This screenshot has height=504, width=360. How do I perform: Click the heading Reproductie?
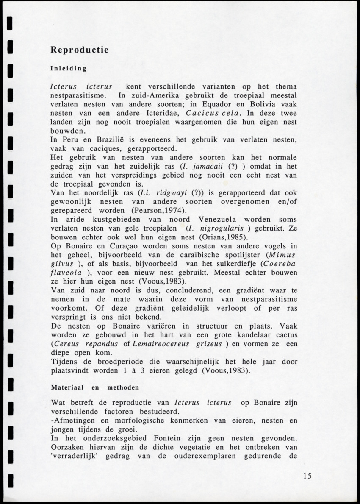pos(80,50)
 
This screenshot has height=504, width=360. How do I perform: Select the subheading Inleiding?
pos(68,68)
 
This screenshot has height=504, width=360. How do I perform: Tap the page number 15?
pos(307,476)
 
